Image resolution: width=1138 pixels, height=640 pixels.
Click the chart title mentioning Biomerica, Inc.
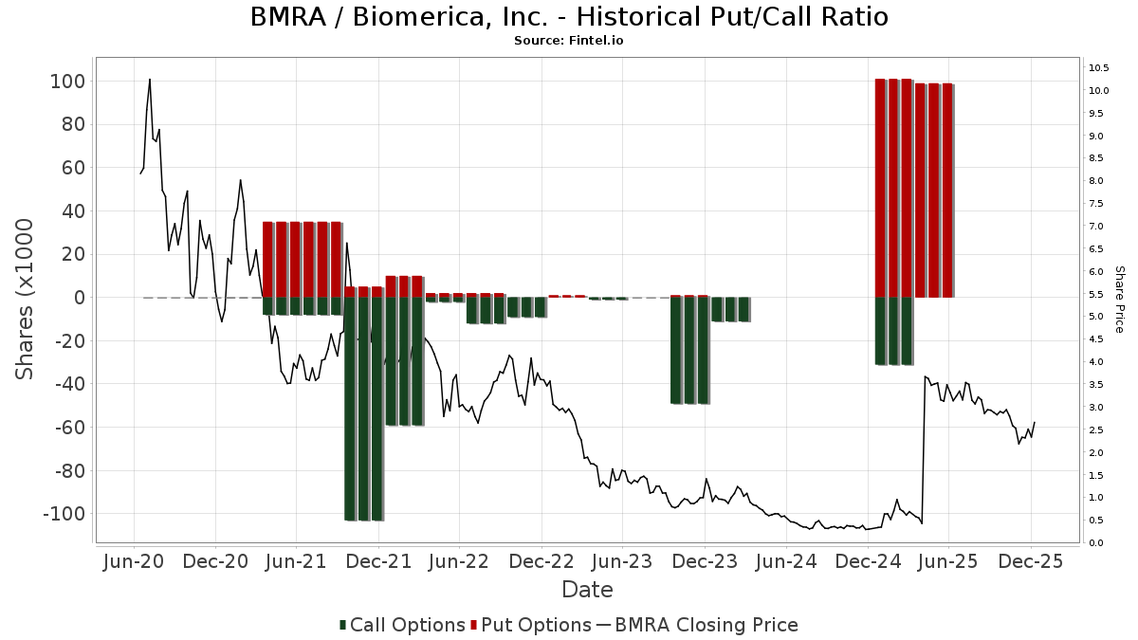569,17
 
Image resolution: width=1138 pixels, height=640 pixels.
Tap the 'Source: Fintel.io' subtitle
569,41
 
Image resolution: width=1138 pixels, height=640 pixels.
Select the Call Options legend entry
403,625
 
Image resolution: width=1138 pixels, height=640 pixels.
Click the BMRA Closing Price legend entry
698,625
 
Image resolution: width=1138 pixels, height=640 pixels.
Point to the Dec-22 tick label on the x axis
541,561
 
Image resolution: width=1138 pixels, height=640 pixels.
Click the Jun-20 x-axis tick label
134,561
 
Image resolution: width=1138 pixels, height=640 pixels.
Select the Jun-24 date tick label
785,561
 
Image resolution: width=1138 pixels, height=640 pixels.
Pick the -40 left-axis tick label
66,384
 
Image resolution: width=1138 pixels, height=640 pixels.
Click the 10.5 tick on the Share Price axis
1099,68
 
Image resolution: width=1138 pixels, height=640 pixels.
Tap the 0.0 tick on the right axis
1096,543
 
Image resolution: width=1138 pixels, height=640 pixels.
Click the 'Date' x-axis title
587,590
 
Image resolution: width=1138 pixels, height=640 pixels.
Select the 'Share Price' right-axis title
1119,299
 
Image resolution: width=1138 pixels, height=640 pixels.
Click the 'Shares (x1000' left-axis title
27,299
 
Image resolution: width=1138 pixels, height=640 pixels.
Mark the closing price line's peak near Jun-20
150,80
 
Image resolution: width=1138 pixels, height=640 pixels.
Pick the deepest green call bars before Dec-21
364,408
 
